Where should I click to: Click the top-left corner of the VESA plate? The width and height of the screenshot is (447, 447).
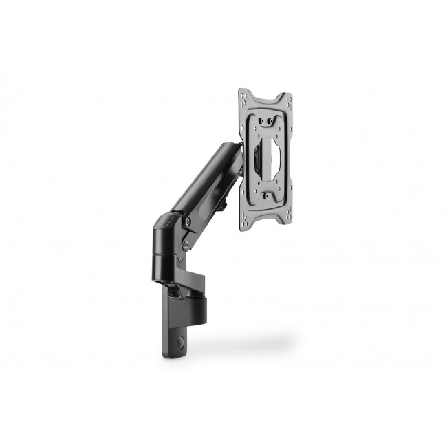241,91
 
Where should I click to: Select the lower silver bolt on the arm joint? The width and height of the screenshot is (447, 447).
184,243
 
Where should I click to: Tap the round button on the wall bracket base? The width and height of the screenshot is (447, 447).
181,340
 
